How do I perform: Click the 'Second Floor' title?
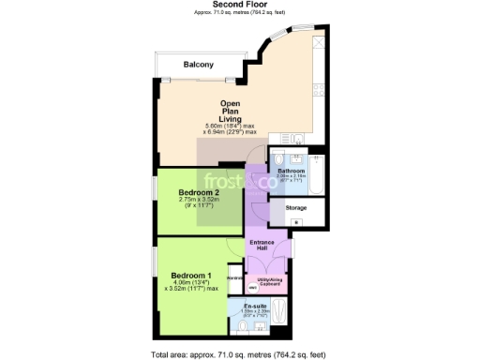point(239,5)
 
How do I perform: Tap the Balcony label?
point(198,64)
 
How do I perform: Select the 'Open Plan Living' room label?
point(232,112)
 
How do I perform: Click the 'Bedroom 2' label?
point(199,193)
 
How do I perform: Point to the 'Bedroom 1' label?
point(190,275)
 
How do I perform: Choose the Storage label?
point(296,208)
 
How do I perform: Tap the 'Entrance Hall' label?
point(263,246)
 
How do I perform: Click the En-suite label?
point(256,307)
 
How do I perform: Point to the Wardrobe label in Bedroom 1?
point(235,277)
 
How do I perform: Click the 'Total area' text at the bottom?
point(239,354)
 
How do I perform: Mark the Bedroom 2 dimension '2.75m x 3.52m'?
point(198,202)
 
